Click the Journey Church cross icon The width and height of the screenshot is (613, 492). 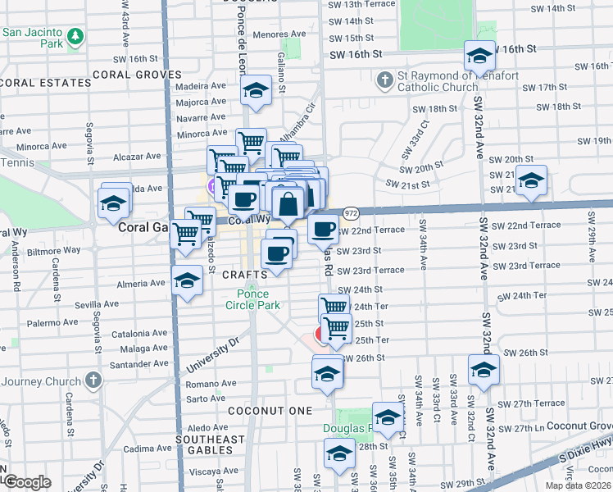(x=93, y=381)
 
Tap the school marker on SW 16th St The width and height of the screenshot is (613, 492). (x=479, y=56)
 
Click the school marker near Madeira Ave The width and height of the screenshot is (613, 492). (x=256, y=91)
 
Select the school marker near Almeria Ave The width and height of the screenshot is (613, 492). (x=188, y=281)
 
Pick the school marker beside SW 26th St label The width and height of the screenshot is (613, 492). (x=484, y=370)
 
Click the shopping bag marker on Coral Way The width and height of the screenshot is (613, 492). (x=288, y=203)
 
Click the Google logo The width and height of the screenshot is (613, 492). (x=27, y=482)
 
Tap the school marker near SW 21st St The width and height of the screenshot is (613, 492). (x=531, y=181)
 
